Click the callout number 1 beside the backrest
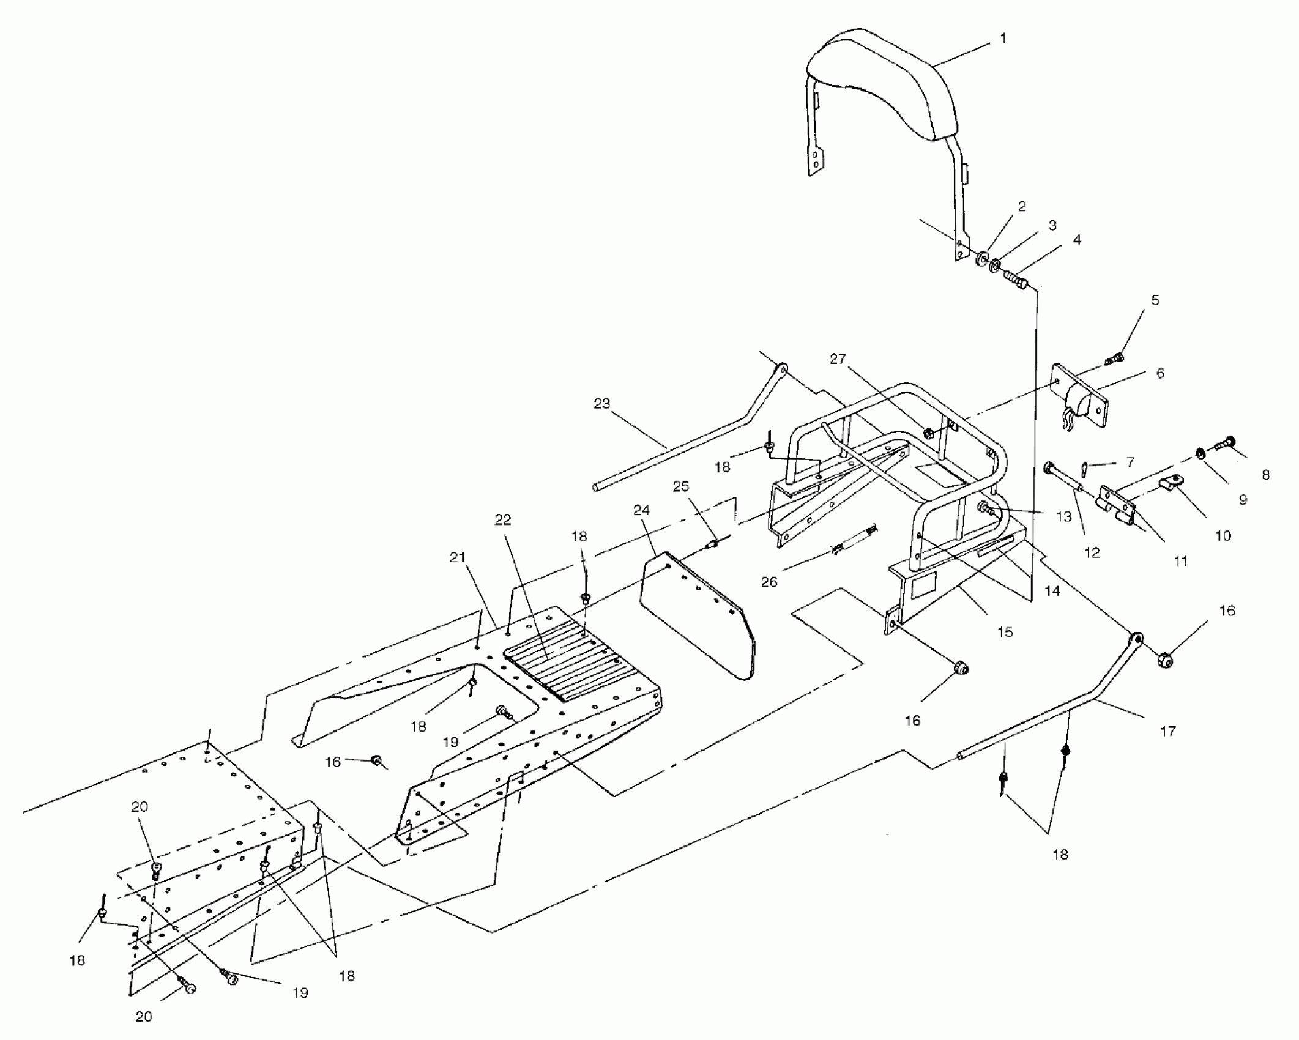coord(1002,39)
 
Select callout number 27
coord(838,359)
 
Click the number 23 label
coord(602,404)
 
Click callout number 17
coord(1167,730)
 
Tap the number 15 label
coord(1005,632)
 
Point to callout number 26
coord(769,582)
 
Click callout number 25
coord(681,486)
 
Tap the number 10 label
coord(1223,536)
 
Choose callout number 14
coord(1053,591)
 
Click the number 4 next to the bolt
coord(1077,240)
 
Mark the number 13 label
coord(1063,516)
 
